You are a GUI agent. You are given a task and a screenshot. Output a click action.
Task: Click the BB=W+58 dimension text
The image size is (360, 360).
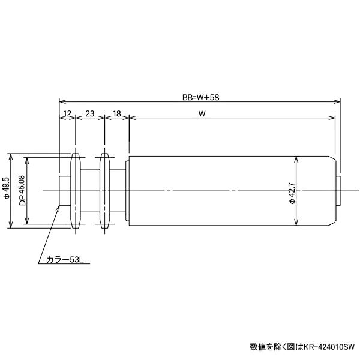click(199, 96)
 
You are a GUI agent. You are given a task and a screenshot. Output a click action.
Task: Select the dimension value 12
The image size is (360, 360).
click(67, 113)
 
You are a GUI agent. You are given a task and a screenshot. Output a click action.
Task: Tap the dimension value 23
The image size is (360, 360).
click(90, 113)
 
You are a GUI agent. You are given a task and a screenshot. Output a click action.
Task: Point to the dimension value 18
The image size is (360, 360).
click(117, 113)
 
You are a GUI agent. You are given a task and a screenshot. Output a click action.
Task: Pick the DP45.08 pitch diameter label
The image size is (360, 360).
click(22, 191)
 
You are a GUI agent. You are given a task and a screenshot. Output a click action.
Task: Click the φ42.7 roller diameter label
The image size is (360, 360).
click(291, 192)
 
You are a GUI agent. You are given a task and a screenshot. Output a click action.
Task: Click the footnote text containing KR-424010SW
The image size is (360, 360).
click(302, 347)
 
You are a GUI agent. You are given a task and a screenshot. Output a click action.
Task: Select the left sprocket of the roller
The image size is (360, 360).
click(75, 191)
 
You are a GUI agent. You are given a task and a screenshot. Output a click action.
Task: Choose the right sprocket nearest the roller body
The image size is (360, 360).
click(104, 191)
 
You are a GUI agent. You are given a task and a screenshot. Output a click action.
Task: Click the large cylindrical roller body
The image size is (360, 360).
click(228, 191)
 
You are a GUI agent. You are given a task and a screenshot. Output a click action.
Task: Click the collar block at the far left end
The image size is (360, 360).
click(65, 191)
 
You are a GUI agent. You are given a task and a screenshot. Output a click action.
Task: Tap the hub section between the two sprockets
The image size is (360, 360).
click(90, 191)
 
